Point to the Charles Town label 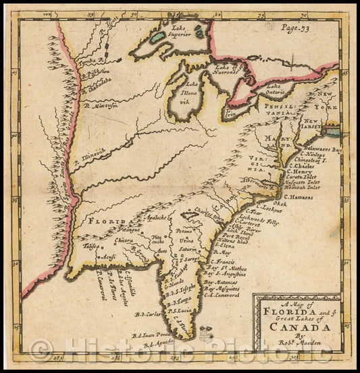click(207, 218)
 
